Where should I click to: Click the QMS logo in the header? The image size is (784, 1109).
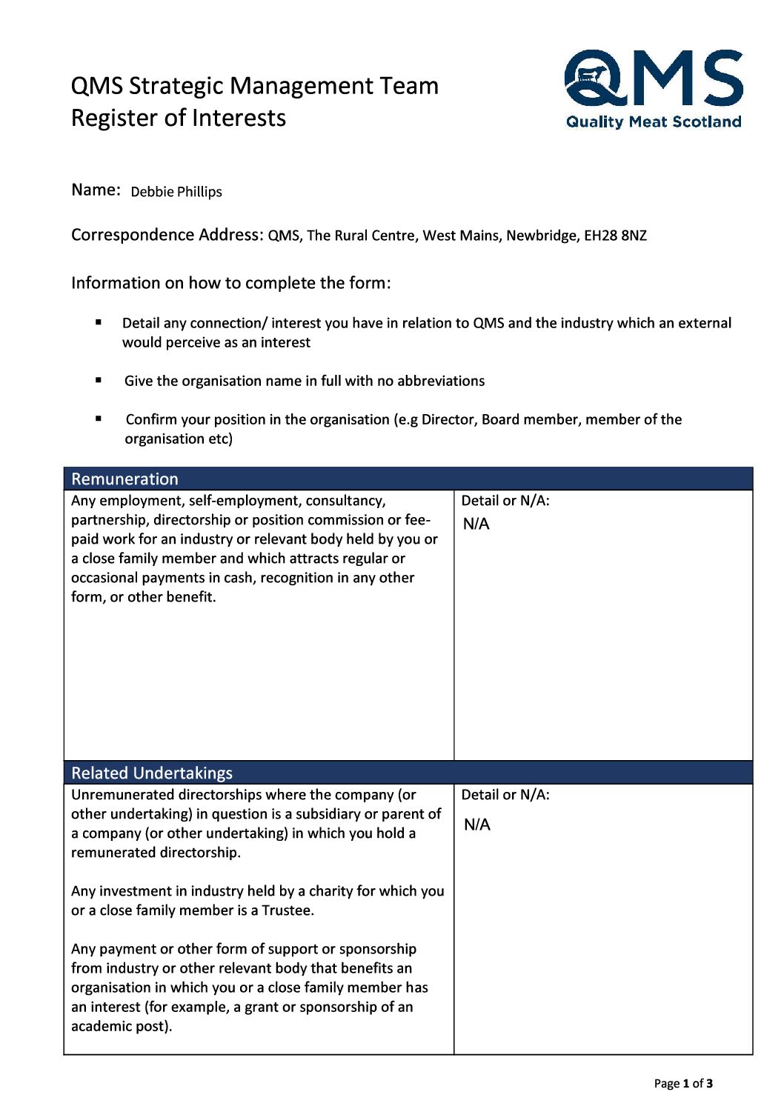(653, 78)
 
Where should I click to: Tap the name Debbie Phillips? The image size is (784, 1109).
(176, 192)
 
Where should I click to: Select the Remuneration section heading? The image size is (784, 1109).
(124, 479)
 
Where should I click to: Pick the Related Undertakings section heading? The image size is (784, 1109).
(152, 773)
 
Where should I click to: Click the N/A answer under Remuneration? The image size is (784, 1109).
(476, 524)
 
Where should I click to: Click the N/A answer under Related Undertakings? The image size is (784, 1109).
(477, 825)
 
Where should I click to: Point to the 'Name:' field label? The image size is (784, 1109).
(96, 190)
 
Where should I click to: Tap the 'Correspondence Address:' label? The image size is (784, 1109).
(167, 235)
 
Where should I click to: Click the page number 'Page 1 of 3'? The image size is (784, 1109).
(683, 1083)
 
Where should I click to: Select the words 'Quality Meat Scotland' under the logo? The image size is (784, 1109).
(654, 122)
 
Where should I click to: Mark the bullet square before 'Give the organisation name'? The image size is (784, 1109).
(99, 380)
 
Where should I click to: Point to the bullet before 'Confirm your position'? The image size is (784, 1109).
(99, 419)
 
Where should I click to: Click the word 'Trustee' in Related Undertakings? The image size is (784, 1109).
(286, 910)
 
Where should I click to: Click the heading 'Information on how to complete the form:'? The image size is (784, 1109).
(230, 283)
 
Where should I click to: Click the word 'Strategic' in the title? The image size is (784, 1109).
(176, 86)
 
